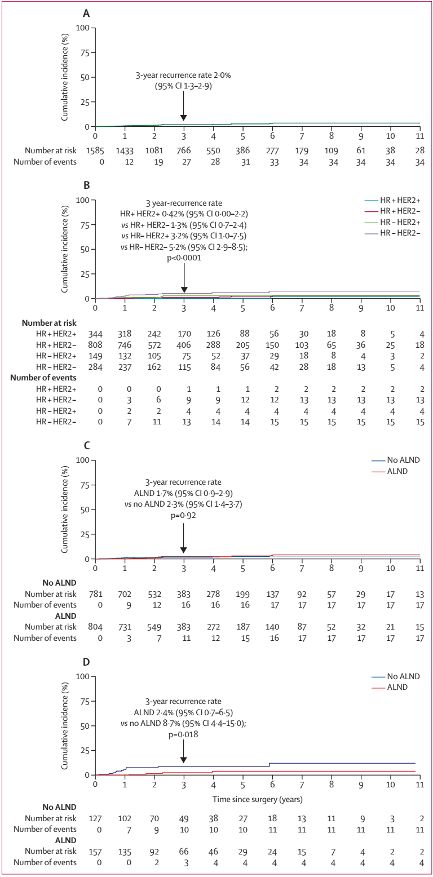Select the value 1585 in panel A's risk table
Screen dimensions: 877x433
point(95,150)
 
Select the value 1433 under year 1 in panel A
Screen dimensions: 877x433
point(125,150)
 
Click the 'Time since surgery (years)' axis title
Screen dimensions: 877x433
point(257,798)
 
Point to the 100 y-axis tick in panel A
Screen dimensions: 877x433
point(83,28)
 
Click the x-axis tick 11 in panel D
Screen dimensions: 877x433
point(419,785)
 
